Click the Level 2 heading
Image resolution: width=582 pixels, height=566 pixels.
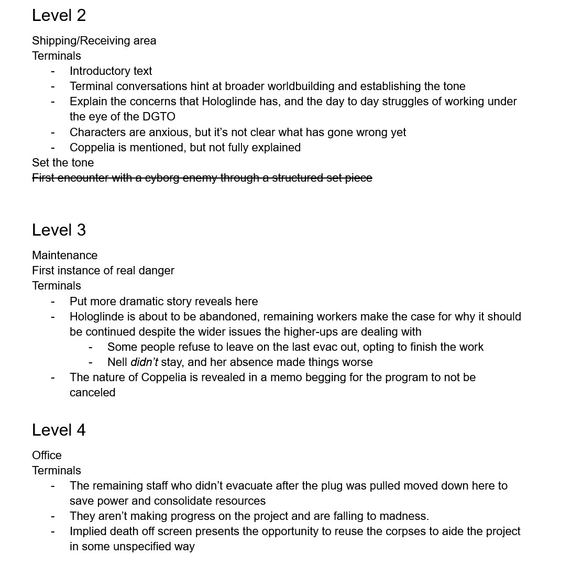(x=59, y=16)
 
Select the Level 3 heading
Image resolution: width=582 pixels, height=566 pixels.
(x=59, y=230)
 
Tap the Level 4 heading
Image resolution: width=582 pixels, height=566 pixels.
(x=59, y=430)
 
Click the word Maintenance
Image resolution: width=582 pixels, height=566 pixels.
(x=64, y=256)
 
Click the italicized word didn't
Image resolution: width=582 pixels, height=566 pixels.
(x=144, y=362)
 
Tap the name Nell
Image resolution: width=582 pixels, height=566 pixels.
(x=117, y=362)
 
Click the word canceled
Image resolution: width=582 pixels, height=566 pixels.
(x=92, y=393)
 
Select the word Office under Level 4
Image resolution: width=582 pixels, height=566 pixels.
(x=47, y=456)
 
